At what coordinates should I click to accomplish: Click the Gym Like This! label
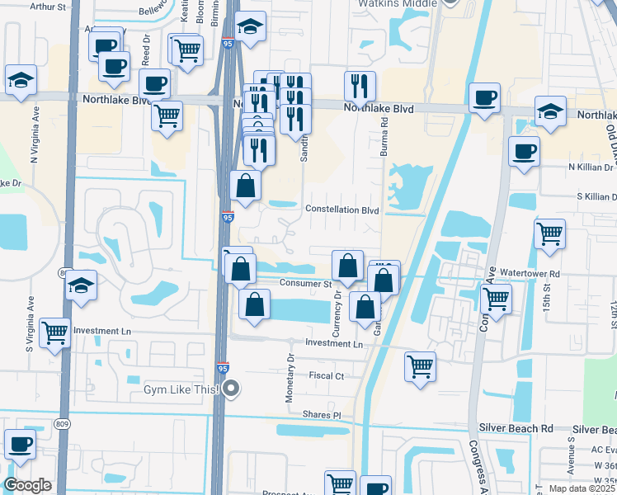(x=181, y=389)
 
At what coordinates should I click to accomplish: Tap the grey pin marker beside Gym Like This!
(x=232, y=388)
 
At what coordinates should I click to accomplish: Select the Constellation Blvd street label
(x=342, y=210)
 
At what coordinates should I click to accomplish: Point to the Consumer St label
(x=304, y=283)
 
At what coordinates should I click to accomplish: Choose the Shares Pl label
(x=321, y=415)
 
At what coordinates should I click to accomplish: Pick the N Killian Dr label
(x=581, y=167)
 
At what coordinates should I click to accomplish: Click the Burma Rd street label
(x=384, y=135)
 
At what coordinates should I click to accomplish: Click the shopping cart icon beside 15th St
(x=549, y=233)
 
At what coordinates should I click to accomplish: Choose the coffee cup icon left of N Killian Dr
(x=524, y=151)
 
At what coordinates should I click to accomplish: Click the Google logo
(x=27, y=486)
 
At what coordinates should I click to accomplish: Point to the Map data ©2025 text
(x=581, y=488)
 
